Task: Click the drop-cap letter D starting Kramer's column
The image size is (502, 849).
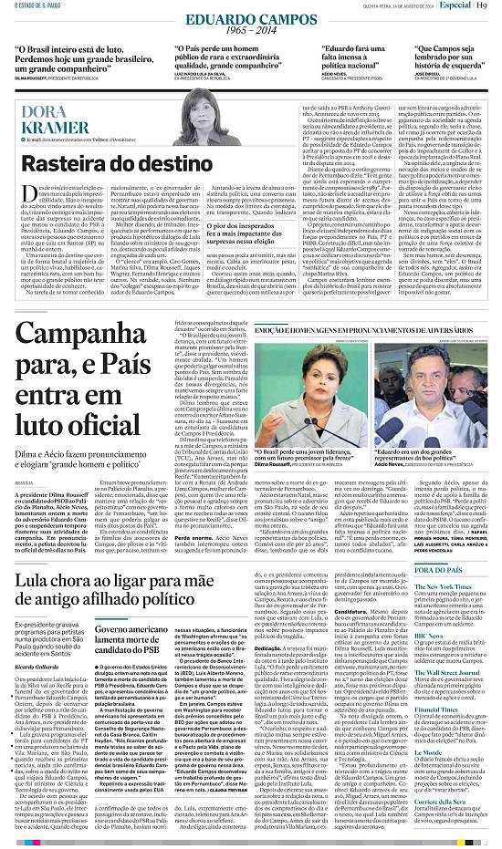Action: pos(26,187)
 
